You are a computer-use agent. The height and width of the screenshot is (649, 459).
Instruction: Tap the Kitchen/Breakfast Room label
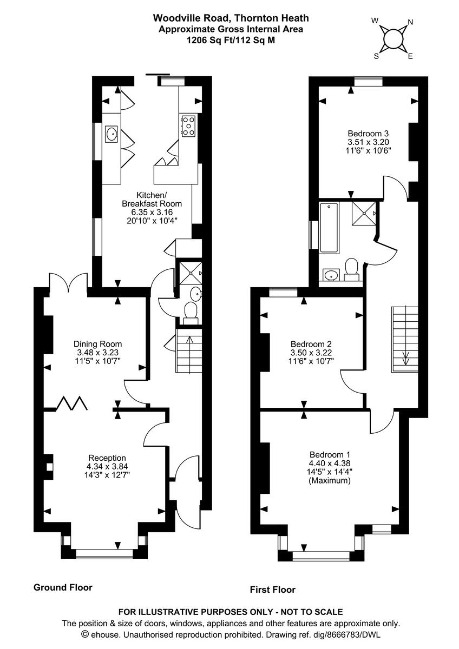pos(152,200)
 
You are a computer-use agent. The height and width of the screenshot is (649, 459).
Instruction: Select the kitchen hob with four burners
pos(189,126)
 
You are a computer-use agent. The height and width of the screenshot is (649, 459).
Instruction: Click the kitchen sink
pos(112,133)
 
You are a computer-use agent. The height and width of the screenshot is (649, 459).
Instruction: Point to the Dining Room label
pos(97,344)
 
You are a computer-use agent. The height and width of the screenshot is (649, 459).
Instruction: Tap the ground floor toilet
pos(191,312)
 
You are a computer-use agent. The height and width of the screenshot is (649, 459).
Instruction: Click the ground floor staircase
pos(188,354)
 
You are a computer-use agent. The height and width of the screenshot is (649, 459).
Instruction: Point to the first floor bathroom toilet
pos(352,269)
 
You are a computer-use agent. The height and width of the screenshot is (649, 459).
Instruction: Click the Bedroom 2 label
pos(311,344)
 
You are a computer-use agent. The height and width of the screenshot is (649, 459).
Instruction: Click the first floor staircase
pos(405,338)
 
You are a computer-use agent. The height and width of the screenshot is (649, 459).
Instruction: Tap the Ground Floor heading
pos(63,587)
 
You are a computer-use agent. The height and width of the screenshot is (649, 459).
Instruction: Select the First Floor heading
pos(273,590)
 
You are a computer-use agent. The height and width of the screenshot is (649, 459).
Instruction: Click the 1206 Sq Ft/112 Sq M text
pos(231,40)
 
